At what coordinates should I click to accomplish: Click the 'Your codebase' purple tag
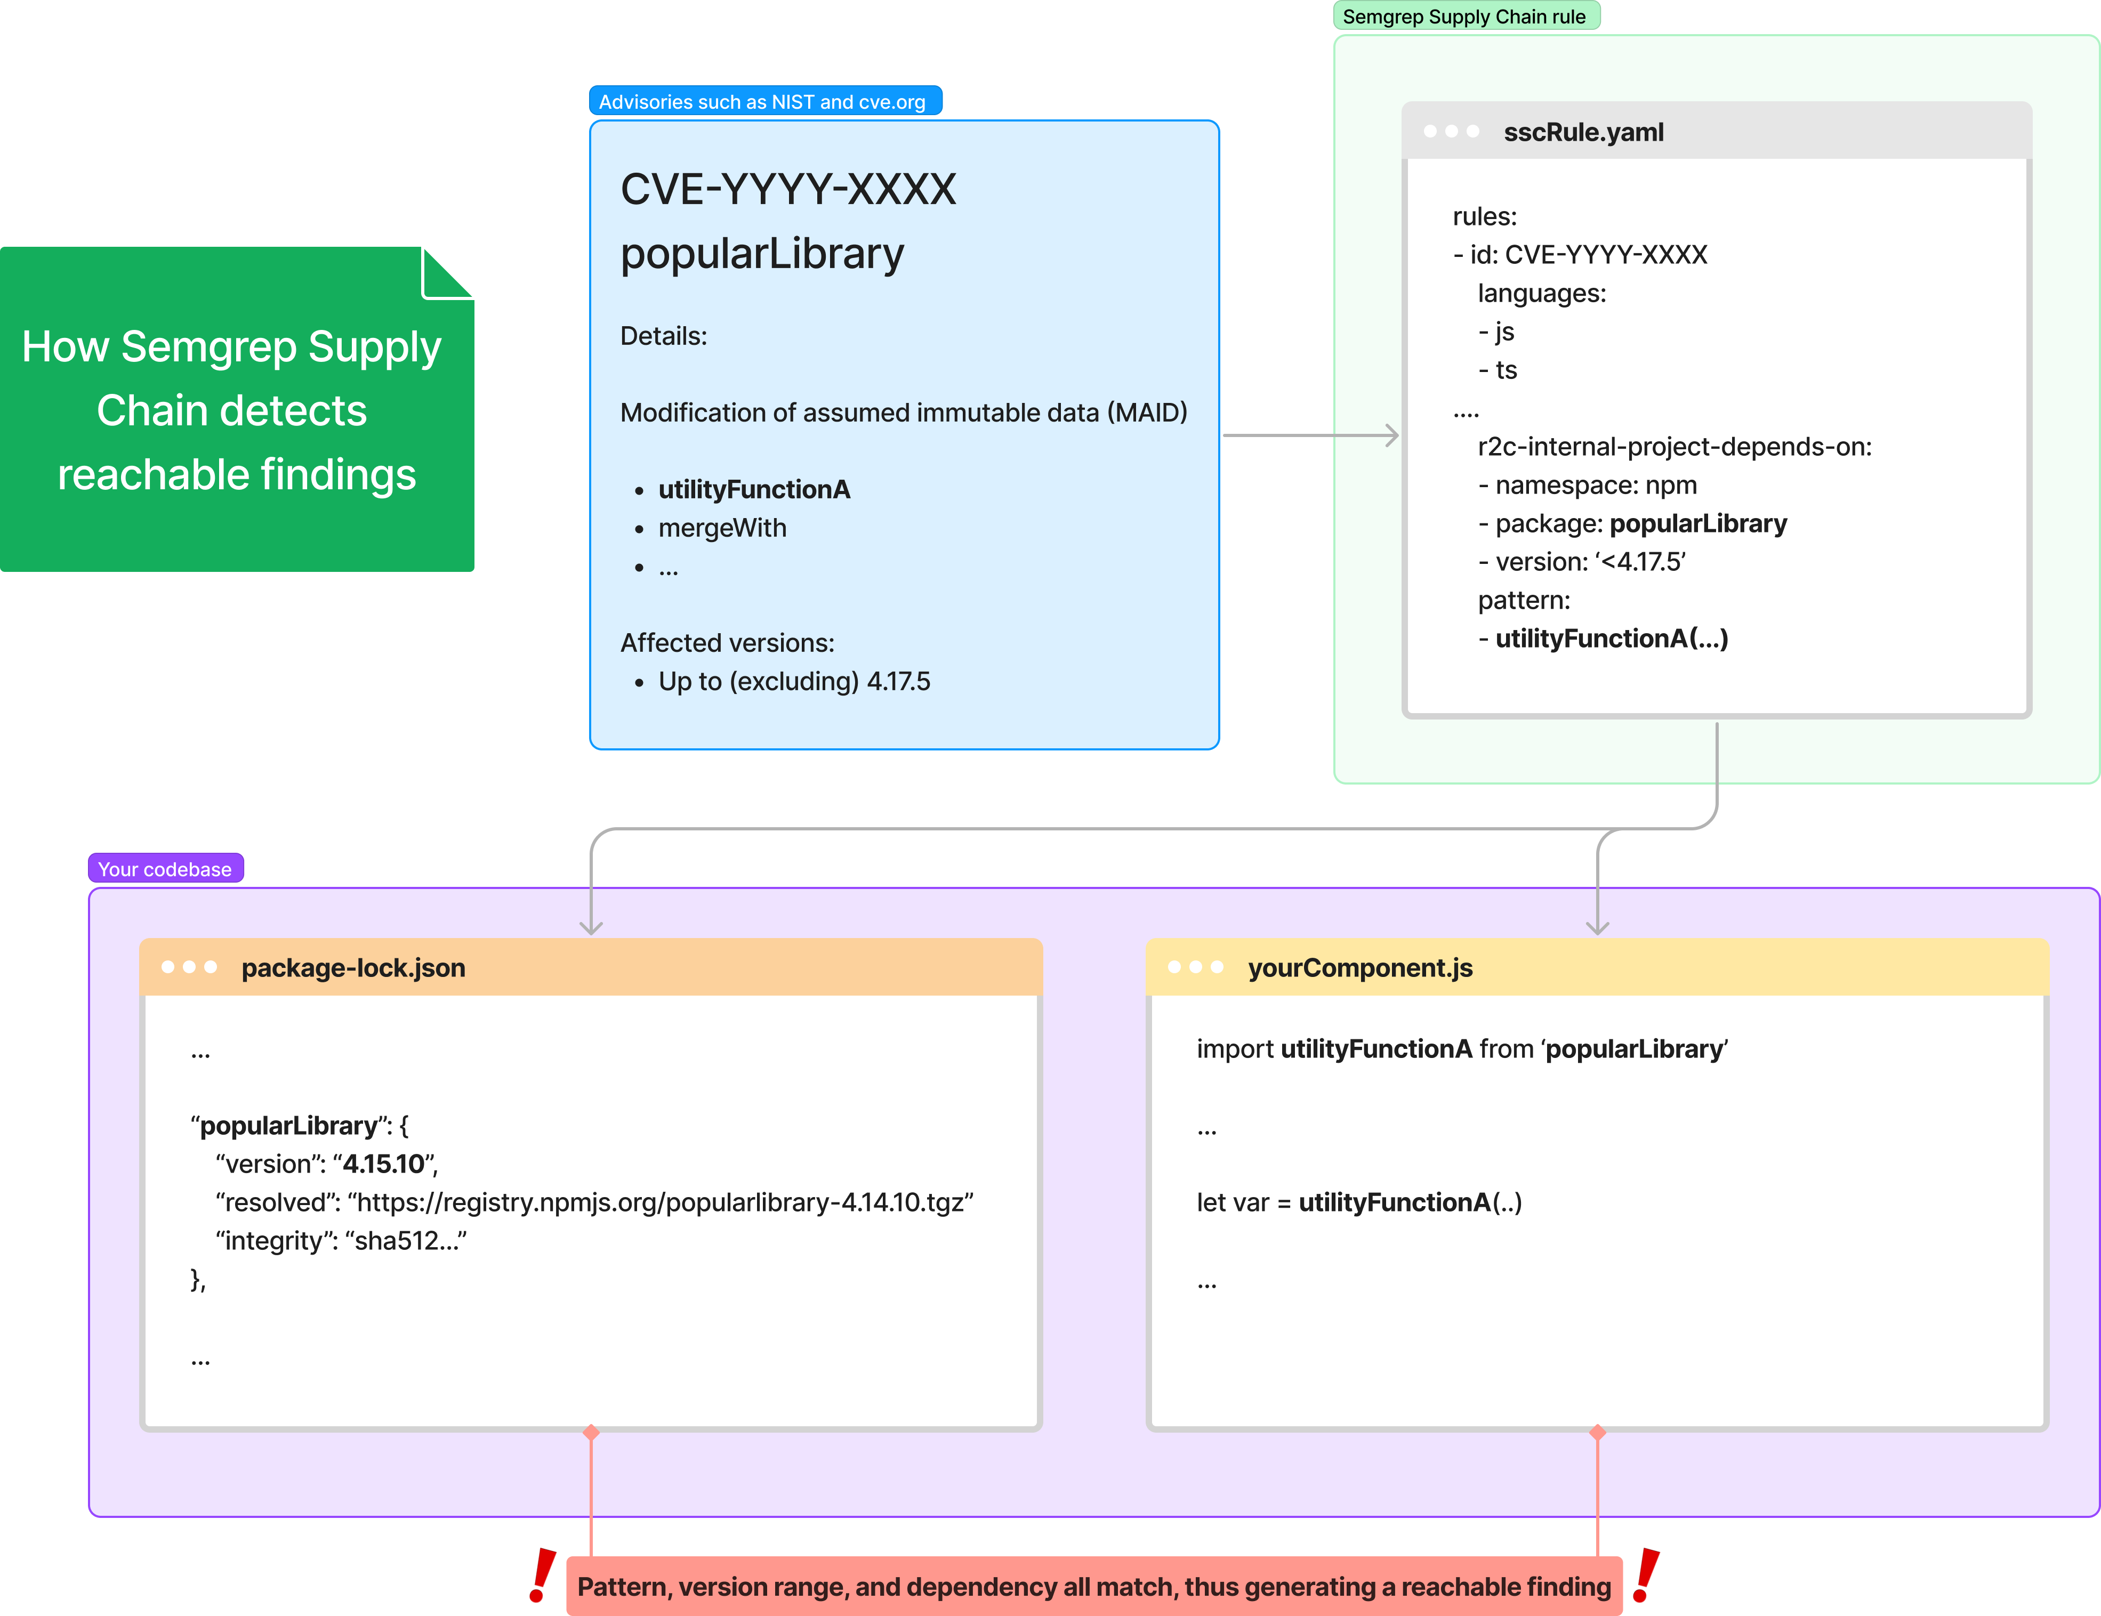click(165, 869)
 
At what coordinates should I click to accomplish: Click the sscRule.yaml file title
click(1583, 132)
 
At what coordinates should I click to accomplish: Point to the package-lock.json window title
click(353, 968)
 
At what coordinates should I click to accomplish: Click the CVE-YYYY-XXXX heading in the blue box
click(788, 189)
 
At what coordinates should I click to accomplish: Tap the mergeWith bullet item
click(722, 528)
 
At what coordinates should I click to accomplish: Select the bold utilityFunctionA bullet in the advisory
click(754, 490)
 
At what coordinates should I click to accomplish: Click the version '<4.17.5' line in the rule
click(1582, 562)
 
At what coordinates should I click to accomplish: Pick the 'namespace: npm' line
click(1587, 485)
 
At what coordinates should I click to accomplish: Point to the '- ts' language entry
click(1498, 370)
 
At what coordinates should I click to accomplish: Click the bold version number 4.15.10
click(384, 1164)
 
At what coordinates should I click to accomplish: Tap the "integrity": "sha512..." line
click(342, 1241)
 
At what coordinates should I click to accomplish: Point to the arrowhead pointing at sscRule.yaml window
click(1391, 436)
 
